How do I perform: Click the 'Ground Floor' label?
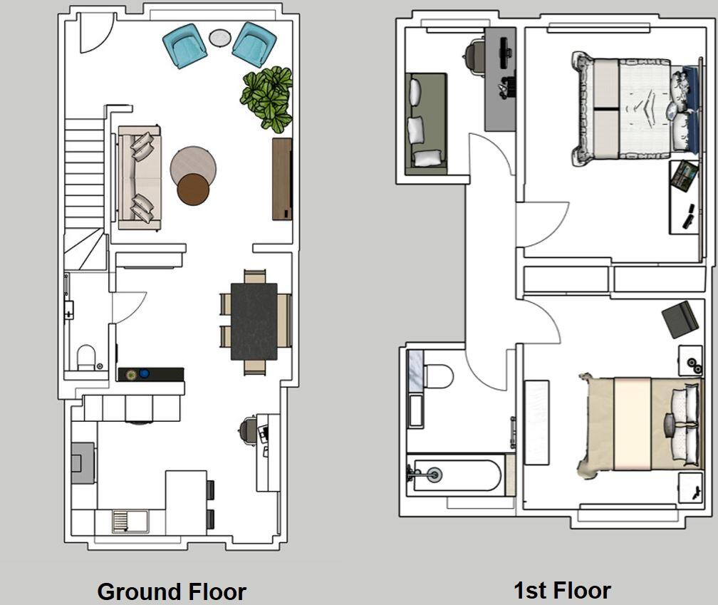[x=172, y=591]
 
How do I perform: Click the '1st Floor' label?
[x=562, y=590]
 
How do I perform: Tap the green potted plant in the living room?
[x=266, y=98]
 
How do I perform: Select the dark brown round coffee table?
[x=193, y=190]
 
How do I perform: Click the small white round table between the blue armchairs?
[x=220, y=38]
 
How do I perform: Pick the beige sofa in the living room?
[x=139, y=177]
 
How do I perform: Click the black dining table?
[x=254, y=321]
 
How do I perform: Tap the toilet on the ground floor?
[x=86, y=357]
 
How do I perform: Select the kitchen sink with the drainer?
[x=130, y=522]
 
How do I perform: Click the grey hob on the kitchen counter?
[x=83, y=462]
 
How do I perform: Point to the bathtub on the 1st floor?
[x=457, y=475]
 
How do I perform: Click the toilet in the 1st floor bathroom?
[x=438, y=376]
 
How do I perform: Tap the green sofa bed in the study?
[x=426, y=124]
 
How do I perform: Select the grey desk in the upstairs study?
[x=501, y=79]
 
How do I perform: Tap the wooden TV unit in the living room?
[x=282, y=179]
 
